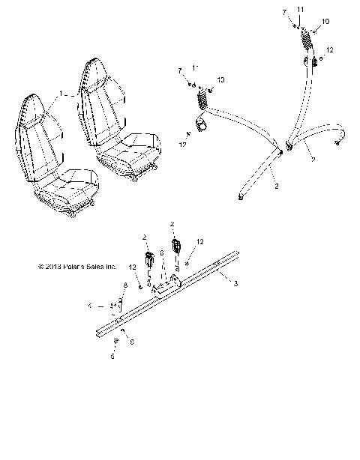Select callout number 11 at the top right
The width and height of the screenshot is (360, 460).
[299, 8]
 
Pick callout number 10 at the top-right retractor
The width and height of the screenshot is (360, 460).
[325, 21]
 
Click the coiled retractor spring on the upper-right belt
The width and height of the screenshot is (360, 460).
[306, 37]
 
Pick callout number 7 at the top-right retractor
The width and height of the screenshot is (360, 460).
[284, 13]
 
